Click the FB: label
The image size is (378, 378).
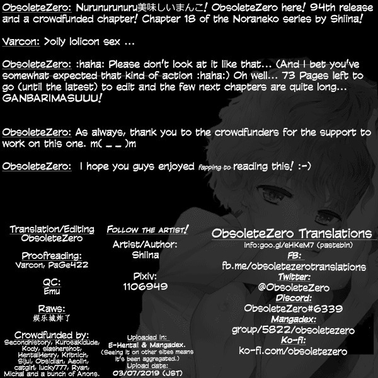pyautogui.click(x=291, y=255)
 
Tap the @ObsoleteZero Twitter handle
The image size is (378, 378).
pyautogui.click(x=291, y=287)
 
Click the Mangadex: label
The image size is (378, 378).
pyautogui.click(x=291, y=319)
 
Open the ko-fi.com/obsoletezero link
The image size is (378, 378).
pyautogui.click(x=291, y=350)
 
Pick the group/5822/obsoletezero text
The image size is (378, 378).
pyautogui.click(x=291, y=329)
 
